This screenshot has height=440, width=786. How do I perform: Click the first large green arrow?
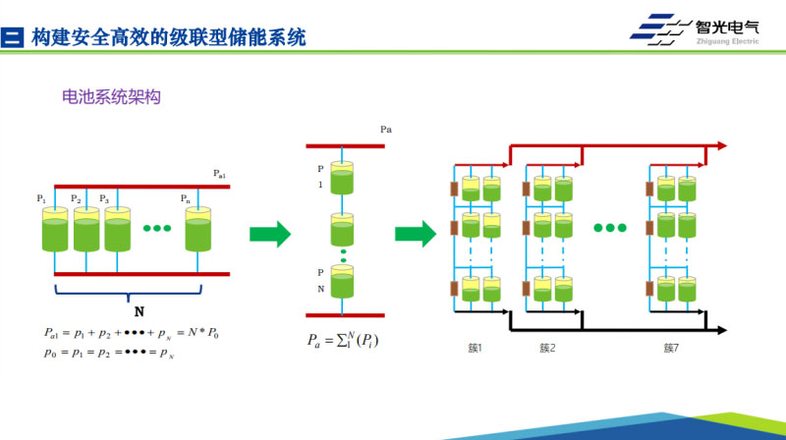(270, 234)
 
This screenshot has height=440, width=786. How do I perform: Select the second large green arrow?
(416, 234)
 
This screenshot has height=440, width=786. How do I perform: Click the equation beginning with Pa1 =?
(130, 333)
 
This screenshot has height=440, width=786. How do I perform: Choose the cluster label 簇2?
(547, 348)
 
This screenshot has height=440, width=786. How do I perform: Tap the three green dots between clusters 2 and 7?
(609, 227)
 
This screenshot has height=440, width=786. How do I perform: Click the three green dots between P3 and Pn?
(157, 230)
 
